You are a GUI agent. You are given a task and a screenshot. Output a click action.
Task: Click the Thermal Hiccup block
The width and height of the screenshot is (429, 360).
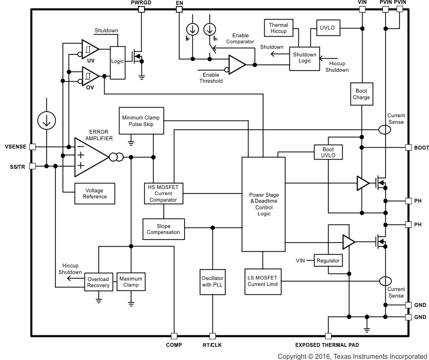coord(279,28)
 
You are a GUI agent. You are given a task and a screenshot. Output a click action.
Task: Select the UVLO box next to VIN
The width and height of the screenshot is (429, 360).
coord(327,27)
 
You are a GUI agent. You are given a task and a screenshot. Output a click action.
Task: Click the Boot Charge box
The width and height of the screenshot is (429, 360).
coord(362,94)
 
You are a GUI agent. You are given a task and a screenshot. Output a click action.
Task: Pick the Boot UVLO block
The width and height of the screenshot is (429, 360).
coord(328,152)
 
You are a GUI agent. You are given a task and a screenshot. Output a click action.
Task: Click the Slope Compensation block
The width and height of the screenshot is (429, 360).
coord(163,228)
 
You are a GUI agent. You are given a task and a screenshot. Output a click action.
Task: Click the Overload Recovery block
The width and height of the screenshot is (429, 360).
coord(99,282)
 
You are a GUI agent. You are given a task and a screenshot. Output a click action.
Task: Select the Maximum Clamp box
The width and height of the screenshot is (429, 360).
coord(130,282)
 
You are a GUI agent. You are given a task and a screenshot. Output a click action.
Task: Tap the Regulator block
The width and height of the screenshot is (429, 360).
coord(328,260)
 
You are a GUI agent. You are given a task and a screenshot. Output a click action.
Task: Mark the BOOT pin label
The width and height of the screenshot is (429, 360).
coord(421,148)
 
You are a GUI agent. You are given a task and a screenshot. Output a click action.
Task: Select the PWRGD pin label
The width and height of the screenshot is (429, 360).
coord(141,3)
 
